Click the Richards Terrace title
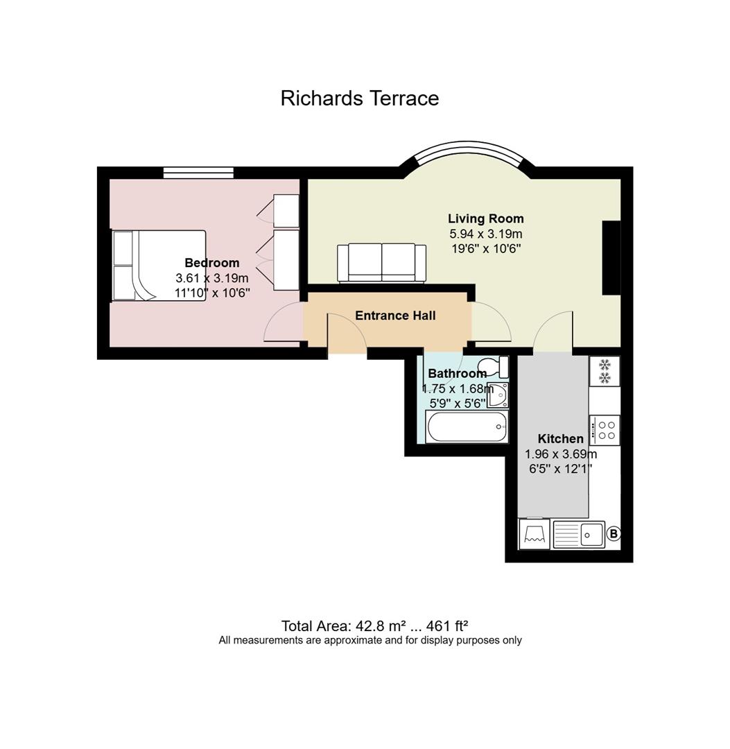360,98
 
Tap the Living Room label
485,218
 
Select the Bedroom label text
212,263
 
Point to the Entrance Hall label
395,316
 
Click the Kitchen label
561,438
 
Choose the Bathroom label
457,374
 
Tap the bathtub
467,427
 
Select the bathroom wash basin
498,395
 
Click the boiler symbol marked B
614,533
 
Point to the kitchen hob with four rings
605,430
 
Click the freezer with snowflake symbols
605,371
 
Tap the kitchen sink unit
579,534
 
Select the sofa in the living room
381,263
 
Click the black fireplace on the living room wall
611,257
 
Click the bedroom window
198,173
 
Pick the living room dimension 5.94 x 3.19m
485,234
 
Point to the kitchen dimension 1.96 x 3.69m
561,454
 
